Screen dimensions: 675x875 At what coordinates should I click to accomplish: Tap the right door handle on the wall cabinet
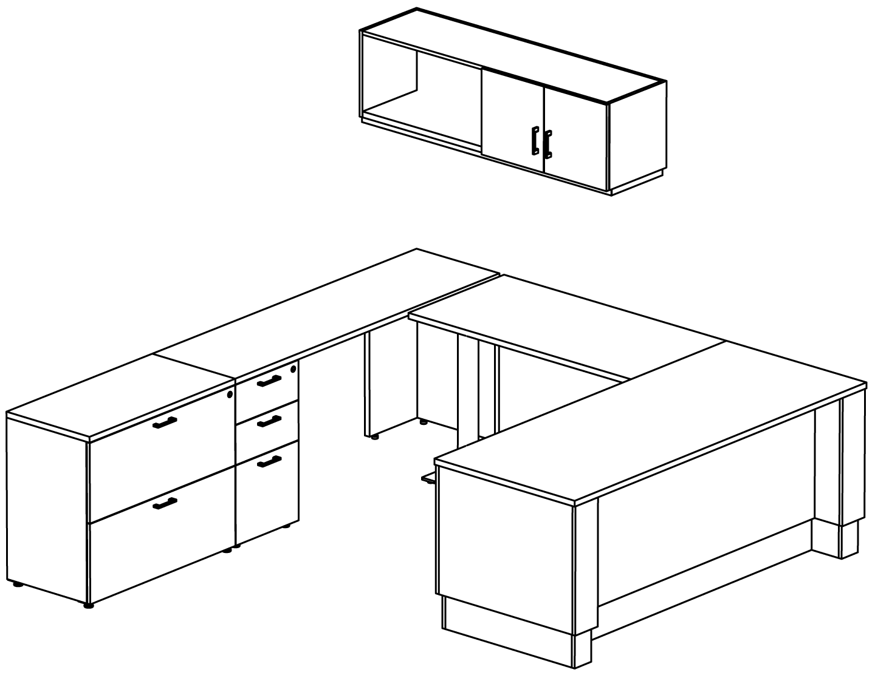[x=547, y=144]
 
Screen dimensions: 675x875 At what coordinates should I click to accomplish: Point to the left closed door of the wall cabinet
[x=512, y=121]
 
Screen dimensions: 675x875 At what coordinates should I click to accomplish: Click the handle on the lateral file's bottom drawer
[x=165, y=503]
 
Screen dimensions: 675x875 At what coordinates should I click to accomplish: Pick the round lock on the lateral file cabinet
[x=230, y=395]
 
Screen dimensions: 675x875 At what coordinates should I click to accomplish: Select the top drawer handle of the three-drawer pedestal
[x=269, y=381]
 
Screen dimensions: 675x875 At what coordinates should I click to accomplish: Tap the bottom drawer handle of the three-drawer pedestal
[x=269, y=462]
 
